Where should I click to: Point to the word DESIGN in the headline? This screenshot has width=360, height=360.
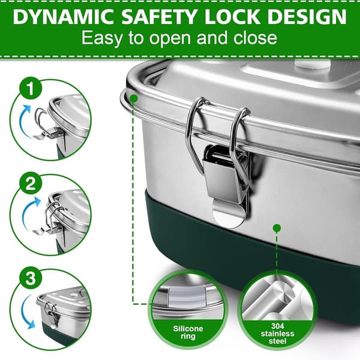click(x=307, y=17)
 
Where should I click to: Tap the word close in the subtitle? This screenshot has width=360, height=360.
click(x=255, y=37)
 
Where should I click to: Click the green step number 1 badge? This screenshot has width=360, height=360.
click(x=31, y=88)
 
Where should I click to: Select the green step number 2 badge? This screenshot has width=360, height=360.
click(x=31, y=184)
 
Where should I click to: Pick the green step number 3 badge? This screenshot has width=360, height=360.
click(x=31, y=279)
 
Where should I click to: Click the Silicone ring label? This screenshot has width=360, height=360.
click(x=188, y=332)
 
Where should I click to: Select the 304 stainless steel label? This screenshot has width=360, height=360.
click(x=277, y=334)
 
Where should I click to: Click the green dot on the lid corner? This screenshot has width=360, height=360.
click(x=134, y=98)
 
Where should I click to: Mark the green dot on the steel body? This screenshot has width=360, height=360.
click(x=277, y=228)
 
